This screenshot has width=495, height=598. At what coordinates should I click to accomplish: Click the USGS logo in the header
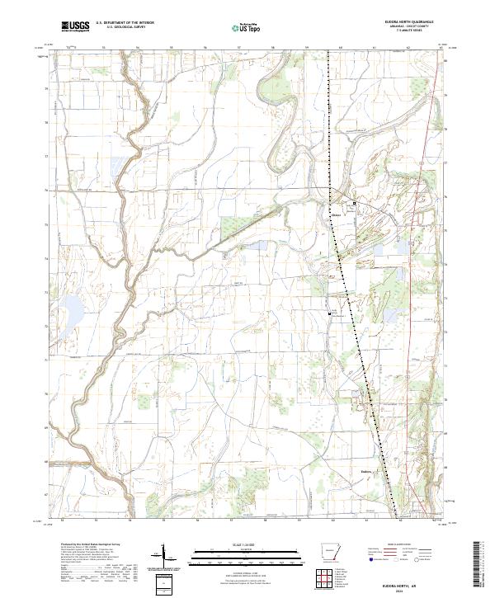click(75, 26)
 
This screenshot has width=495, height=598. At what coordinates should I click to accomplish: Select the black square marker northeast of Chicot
click(356, 203)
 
